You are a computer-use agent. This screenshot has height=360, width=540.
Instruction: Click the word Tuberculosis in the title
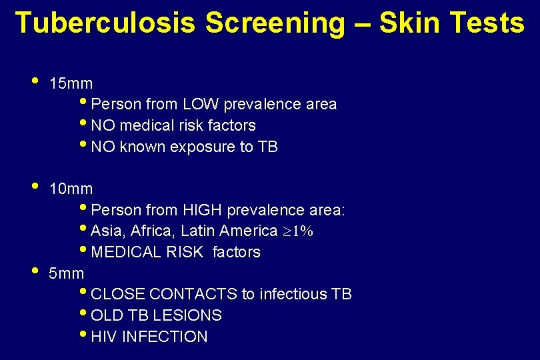[105, 23]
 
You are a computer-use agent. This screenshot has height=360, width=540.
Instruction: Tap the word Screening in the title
[275, 23]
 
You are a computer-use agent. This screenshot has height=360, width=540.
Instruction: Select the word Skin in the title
[409, 23]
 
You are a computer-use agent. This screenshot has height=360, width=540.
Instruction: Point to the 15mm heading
[71, 84]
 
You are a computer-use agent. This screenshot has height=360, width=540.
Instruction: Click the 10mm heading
[71, 189]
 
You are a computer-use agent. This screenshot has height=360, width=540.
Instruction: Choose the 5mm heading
[67, 273]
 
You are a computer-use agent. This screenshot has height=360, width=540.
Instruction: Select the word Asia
[107, 231]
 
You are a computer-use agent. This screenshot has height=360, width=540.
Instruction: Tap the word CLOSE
[119, 295]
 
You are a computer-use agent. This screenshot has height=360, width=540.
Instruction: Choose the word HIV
[103, 337]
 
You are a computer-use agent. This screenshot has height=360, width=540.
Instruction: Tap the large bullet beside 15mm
[34, 82]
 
